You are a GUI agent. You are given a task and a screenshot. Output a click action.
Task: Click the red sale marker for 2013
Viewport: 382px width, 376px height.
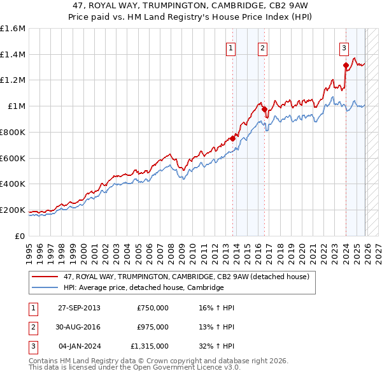click(x=232, y=138)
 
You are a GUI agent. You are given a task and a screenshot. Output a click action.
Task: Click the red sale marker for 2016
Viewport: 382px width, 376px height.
click(x=264, y=109)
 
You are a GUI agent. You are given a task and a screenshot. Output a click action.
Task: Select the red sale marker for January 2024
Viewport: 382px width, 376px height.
click(x=346, y=65)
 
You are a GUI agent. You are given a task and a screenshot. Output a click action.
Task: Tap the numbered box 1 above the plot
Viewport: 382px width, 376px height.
click(x=230, y=47)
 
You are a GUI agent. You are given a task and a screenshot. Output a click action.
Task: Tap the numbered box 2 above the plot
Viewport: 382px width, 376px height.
click(x=262, y=47)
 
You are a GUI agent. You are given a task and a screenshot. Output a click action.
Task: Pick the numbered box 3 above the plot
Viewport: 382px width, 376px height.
click(x=344, y=47)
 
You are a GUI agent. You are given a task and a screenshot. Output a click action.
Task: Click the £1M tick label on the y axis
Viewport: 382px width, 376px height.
click(x=16, y=106)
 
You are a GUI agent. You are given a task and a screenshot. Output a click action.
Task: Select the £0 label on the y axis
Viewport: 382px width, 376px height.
click(x=19, y=236)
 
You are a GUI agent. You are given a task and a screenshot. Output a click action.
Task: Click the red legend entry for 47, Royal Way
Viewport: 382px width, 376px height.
click(x=186, y=277)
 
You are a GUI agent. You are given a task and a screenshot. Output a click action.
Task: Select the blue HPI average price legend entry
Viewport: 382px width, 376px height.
click(x=143, y=287)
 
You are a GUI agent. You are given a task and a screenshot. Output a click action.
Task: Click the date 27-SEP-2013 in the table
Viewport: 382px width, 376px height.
click(x=79, y=308)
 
